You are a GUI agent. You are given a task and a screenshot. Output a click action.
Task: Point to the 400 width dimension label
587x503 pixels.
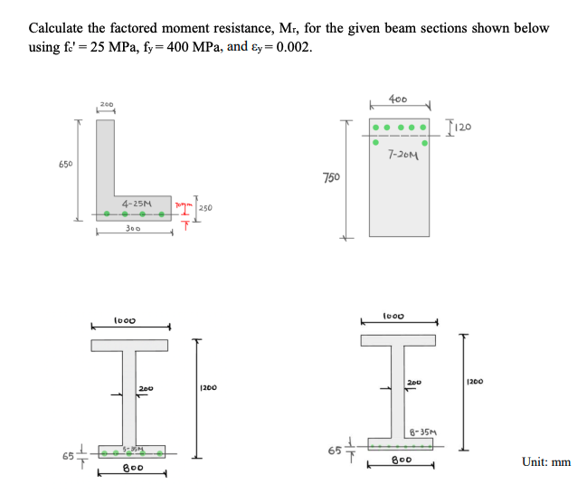397,98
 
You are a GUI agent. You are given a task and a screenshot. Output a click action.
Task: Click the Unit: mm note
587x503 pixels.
546,462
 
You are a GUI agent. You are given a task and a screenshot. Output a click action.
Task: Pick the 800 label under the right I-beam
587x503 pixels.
399,459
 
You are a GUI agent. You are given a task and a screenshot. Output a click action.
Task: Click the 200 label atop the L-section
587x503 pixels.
108,105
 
